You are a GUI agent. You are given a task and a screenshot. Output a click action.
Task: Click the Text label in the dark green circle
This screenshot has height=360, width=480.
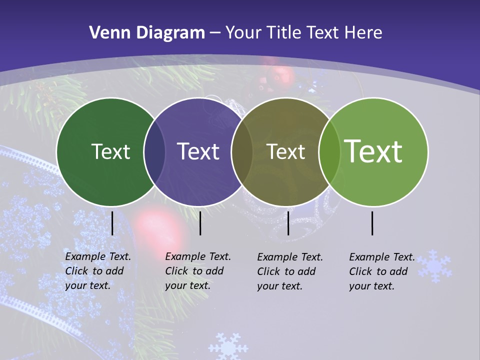(110, 151)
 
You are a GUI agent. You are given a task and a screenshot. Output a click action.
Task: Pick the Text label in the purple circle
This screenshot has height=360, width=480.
(198, 151)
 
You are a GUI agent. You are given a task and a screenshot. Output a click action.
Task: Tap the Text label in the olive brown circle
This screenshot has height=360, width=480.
(286, 151)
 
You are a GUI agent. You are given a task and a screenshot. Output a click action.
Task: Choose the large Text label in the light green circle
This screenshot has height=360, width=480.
(373, 151)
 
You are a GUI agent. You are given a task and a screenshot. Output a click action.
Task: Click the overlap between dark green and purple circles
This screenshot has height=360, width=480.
(154, 151)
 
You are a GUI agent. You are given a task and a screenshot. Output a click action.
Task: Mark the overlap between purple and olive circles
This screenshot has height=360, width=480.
(242, 151)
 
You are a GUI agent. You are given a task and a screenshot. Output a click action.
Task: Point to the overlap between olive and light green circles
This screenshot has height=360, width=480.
(329, 151)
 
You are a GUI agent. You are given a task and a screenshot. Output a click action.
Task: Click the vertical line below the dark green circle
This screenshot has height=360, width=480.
(112, 223)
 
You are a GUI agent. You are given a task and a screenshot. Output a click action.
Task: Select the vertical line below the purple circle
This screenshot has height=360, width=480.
(200, 223)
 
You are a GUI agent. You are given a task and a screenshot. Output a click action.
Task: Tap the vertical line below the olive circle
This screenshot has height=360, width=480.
(288, 223)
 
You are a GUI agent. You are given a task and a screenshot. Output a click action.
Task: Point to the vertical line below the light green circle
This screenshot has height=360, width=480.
(372, 223)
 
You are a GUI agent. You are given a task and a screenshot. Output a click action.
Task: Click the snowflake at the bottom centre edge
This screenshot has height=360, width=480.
(228, 346)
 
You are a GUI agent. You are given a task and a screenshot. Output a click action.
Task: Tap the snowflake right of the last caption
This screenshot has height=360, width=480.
(434, 266)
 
